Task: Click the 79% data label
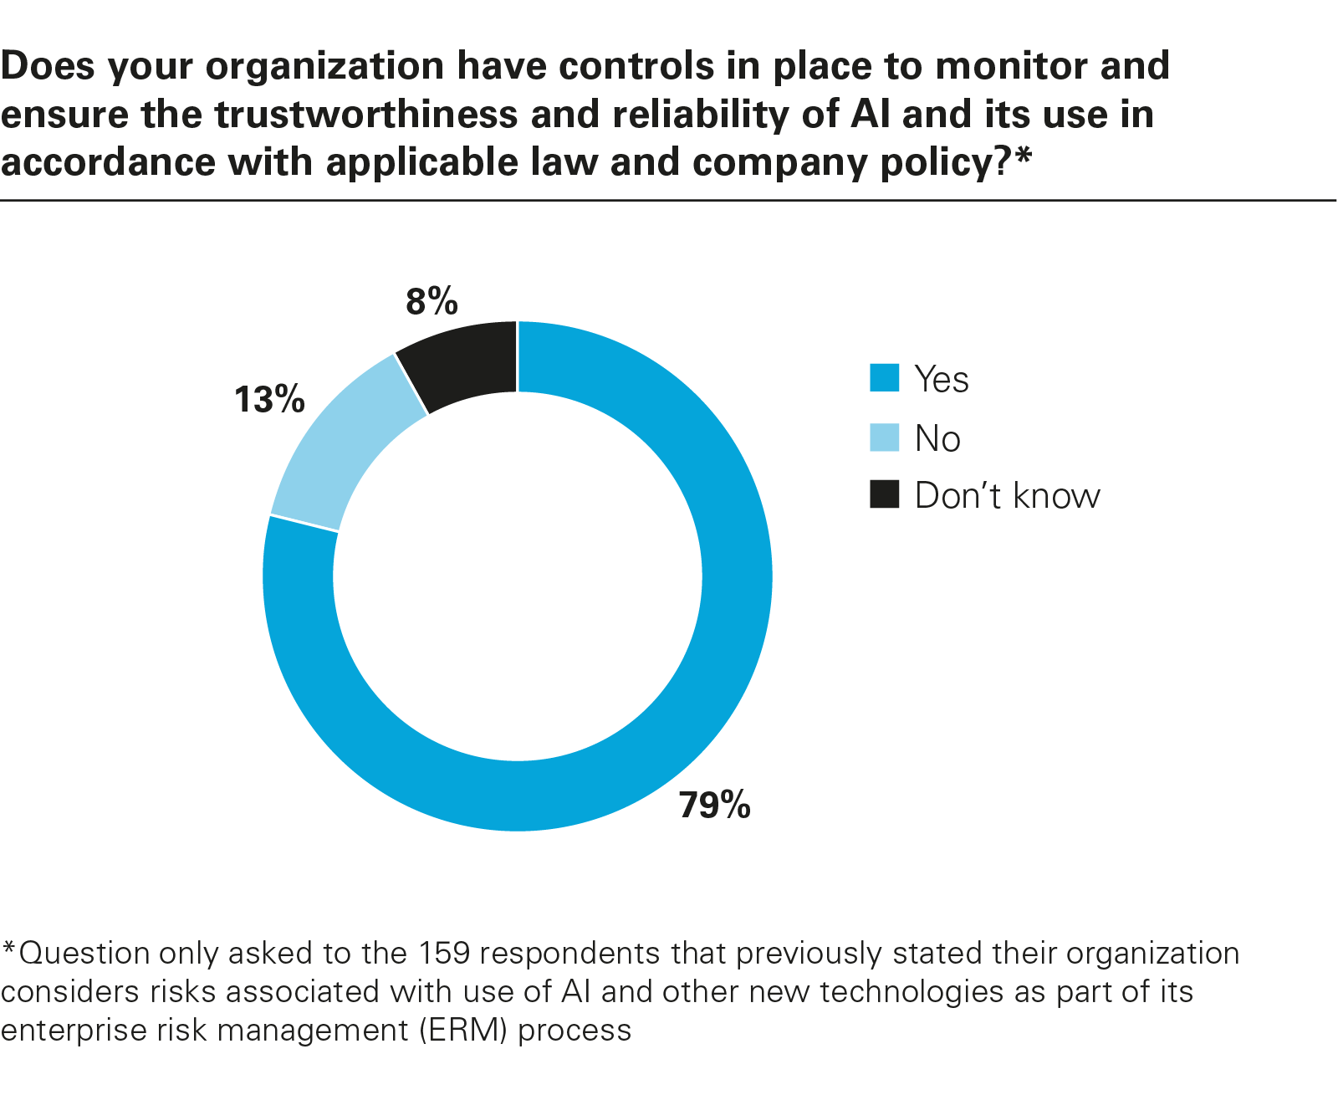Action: click(715, 805)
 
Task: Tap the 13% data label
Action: click(269, 400)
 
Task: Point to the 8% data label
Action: click(432, 301)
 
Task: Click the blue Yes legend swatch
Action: click(884, 378)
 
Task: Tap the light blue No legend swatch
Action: click(884, 437)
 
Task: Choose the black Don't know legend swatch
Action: click(884, 494)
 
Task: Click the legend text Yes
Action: click(942, 379)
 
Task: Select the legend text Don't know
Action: click(1007, 495)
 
